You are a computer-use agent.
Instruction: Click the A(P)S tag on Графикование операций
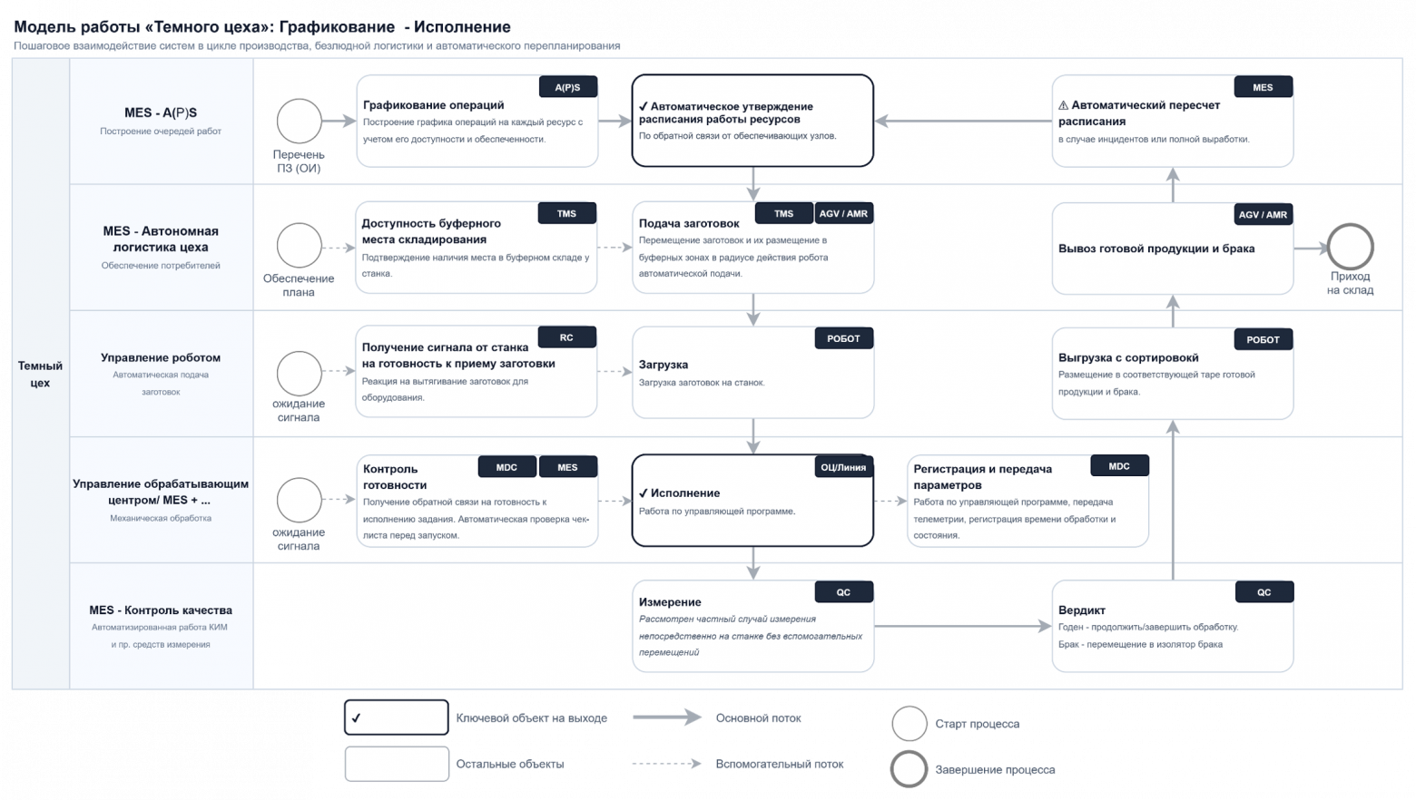coord(567,87)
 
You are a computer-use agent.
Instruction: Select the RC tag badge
coord(566,337)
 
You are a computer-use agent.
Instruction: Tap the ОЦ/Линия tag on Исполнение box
coord(844,467)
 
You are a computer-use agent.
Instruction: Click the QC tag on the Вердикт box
coord(1264,592)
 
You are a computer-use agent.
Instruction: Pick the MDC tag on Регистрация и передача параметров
coord(1119,466)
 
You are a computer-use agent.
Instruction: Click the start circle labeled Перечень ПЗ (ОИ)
coord(299,121)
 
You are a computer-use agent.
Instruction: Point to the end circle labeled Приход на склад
coord(1351,247)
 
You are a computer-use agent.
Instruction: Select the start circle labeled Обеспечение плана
coord(299,245)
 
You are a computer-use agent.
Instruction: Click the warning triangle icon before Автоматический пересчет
coord(1063,105)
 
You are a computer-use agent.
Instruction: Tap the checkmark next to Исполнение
coord(644,493)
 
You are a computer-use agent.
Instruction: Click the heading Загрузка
coord(664,365)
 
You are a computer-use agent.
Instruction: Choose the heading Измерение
coord(670,602)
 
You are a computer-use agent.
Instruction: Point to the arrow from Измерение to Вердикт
coord(963,626)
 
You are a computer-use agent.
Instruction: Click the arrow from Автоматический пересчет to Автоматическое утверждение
coord(963,121)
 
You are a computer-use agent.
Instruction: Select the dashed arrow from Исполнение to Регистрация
coord(890,501)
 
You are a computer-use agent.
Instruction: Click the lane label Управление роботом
coord(161,357)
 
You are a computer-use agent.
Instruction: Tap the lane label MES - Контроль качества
coord(161,610)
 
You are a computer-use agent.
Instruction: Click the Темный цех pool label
coord(40,374)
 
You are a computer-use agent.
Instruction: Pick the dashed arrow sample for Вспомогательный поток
coord(667,764)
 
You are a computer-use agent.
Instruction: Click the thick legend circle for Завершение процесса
coord(909,751)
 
